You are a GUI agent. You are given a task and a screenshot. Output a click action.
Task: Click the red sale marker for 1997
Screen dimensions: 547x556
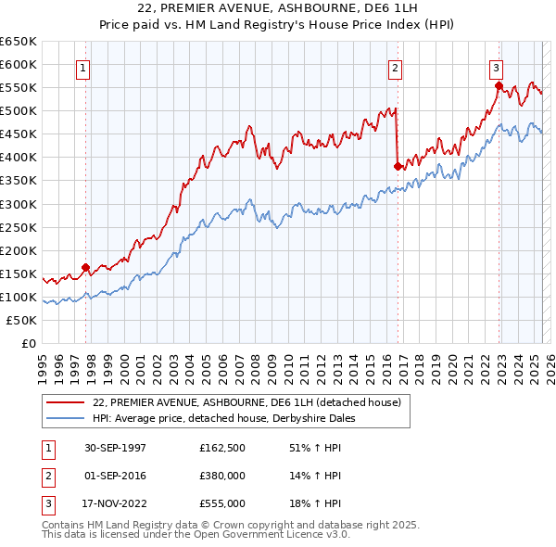tap(85, 268)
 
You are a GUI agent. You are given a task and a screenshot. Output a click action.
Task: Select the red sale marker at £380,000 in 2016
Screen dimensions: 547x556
tap(398, 167)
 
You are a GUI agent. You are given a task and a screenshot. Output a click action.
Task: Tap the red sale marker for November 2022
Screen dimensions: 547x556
tap(499, 86)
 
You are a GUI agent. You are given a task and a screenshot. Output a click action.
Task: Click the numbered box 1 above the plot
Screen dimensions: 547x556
tap(83, 67)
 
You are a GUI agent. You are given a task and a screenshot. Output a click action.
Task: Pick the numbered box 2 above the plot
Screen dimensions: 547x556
tap(395, 67)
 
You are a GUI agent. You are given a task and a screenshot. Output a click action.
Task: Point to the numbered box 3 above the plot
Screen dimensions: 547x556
tap(496, 67)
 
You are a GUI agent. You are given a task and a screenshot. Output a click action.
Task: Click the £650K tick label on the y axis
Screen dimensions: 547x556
tap(19, 42)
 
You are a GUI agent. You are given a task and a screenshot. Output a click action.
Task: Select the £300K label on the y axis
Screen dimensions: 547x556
tap(19, 204)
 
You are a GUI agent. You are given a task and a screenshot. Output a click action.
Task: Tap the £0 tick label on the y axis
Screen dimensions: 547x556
tap(29, 343)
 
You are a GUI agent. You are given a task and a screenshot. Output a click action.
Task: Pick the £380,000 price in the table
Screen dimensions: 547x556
tap(221, 476)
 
